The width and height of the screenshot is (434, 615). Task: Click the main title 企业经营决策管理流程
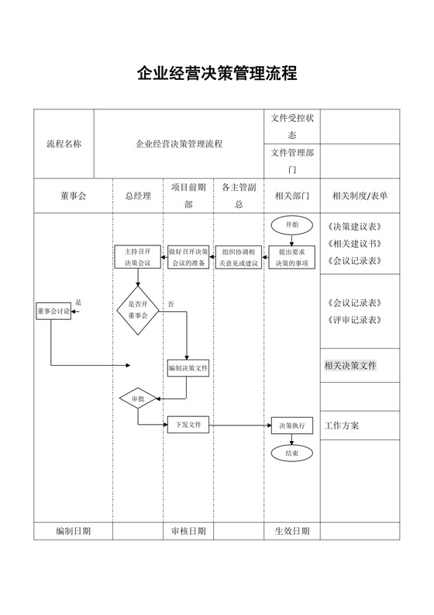pyautogui.click(x=217, y=75)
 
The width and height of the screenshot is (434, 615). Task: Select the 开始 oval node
pyautogui.click(x=292, y=224)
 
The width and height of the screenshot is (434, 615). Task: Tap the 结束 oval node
pyautogui.click(x=292, y=452)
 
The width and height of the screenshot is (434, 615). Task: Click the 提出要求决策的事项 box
pyautogui.click(x=292, y=257)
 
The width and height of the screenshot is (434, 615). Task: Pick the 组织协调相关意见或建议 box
pyautogui.click(x=238, y=257)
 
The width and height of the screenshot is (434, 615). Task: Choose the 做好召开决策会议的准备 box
pyautogui.click(x=188, y=257)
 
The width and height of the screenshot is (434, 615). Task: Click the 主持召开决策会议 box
pyautogui.click(x=138, y=257)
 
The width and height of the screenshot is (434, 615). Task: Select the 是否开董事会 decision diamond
pyautogui.click(x=138, y=311)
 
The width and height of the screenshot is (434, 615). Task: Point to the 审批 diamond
pyautogui.click(x=138, y=398)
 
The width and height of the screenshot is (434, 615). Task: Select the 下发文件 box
pyautogui.click(x=188, y=425)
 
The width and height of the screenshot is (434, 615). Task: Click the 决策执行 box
pyautogui.click(x=292, y=426)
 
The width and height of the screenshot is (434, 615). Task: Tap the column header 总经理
pyautogui.click(x=138, y=196)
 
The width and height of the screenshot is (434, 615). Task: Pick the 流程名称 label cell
pyautogui.click(x=64, y=144)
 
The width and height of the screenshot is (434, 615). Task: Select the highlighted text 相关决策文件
pyautogui.click(x=350, y=366)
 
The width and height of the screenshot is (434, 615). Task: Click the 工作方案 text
pyautogui.click(x=342, y=426)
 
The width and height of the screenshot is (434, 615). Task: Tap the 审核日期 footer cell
pyautogui.click(x=188, y=531)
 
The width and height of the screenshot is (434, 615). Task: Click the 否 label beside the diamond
pyautogui.click(x=170, y=303)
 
